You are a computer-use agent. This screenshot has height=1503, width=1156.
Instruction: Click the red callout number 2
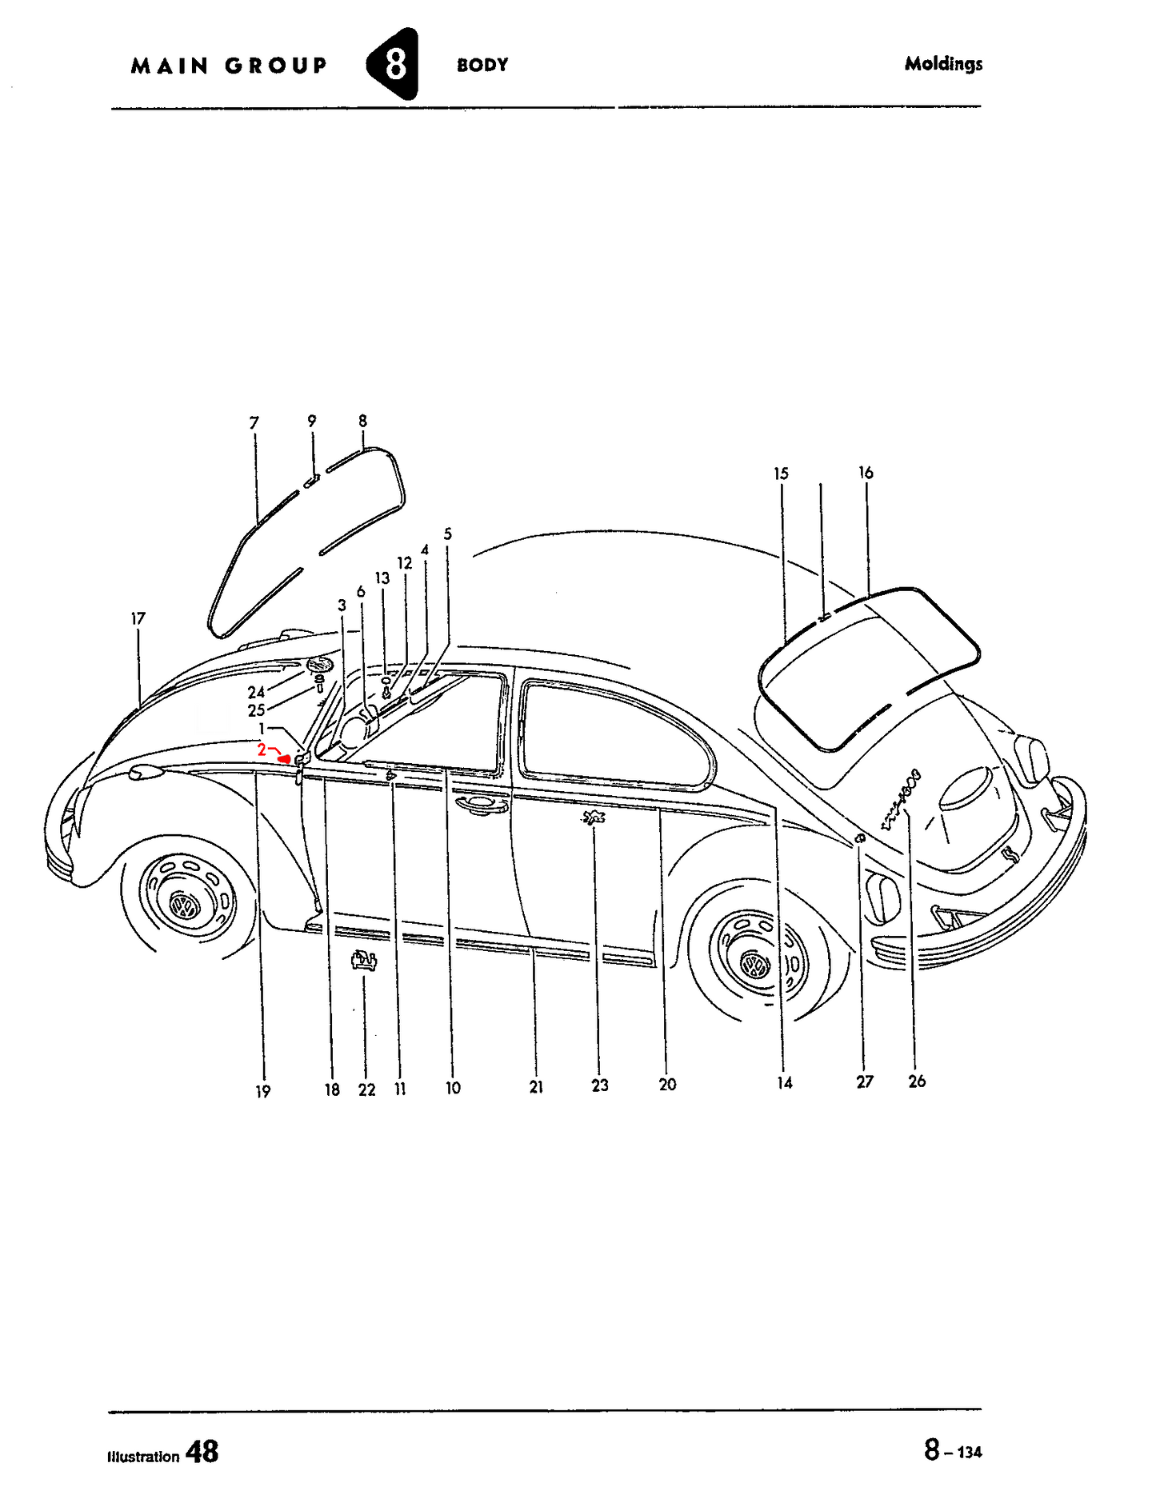click(262, 750)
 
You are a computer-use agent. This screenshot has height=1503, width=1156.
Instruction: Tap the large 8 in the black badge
click(395, 64)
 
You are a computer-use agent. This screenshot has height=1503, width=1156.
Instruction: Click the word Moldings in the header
click(943, 64)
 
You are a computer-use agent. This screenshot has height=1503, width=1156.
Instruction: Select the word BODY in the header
click(482, 65)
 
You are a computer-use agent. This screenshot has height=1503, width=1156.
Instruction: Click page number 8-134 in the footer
click(953, 1450)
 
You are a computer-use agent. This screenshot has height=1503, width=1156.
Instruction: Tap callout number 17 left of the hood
click(138, 618)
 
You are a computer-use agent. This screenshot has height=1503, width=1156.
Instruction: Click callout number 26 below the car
click(917, 1081)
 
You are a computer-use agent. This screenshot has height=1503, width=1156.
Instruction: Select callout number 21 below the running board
click(536, 1086)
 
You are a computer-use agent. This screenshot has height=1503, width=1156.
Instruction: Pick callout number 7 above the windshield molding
click(254, 422)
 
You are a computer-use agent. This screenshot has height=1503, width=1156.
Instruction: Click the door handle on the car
click(480, 805)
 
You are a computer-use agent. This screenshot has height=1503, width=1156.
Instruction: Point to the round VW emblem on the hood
click(320, 665)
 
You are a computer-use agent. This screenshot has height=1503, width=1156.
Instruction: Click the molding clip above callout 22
click(364, 960)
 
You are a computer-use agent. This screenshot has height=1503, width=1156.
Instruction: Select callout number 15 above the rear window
click(781, 474)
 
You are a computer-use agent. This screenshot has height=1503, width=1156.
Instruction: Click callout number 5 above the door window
click(447, 534)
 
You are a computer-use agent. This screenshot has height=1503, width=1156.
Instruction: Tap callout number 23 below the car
click(600, 1085)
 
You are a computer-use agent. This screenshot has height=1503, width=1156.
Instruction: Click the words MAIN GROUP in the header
click(229, 66)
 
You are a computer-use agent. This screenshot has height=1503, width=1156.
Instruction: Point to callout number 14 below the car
click(785, 1082)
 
